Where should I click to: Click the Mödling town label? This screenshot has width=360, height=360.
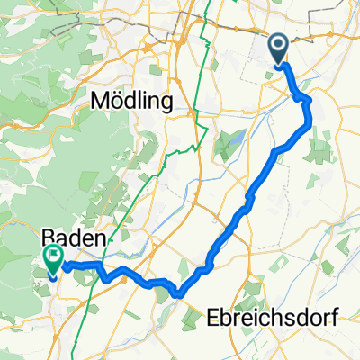click(x=131, y=103)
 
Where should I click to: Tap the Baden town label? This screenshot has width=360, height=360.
click(x=74, y=238)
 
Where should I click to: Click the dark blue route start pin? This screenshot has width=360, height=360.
click(x=279, y=49)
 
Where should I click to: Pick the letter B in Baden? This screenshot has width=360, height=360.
click(x=49, y=238)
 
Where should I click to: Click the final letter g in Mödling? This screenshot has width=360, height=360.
click(x=166, y=105)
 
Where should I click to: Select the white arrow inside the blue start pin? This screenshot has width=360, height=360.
click(x=279, y=45)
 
